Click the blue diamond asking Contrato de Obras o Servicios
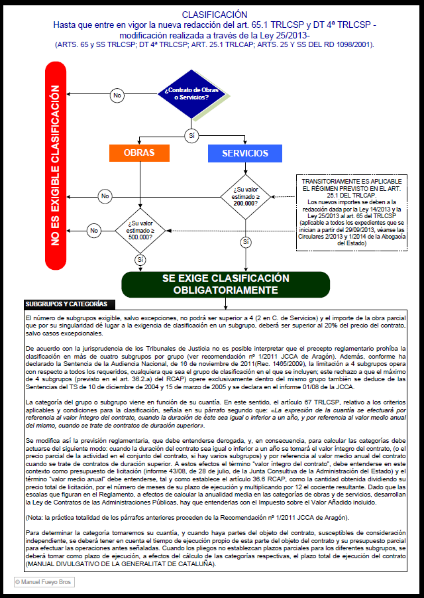click(186, 94)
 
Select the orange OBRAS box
click(139, 153)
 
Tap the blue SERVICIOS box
click(245, 153)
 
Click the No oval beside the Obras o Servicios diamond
click(117, 95)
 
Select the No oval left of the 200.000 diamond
click(105, 196)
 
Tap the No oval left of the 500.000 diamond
click(94, 230)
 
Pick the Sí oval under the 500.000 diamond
click(140, 259)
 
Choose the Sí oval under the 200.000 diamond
click(246, 242)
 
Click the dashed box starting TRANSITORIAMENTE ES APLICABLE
click(351, 212)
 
